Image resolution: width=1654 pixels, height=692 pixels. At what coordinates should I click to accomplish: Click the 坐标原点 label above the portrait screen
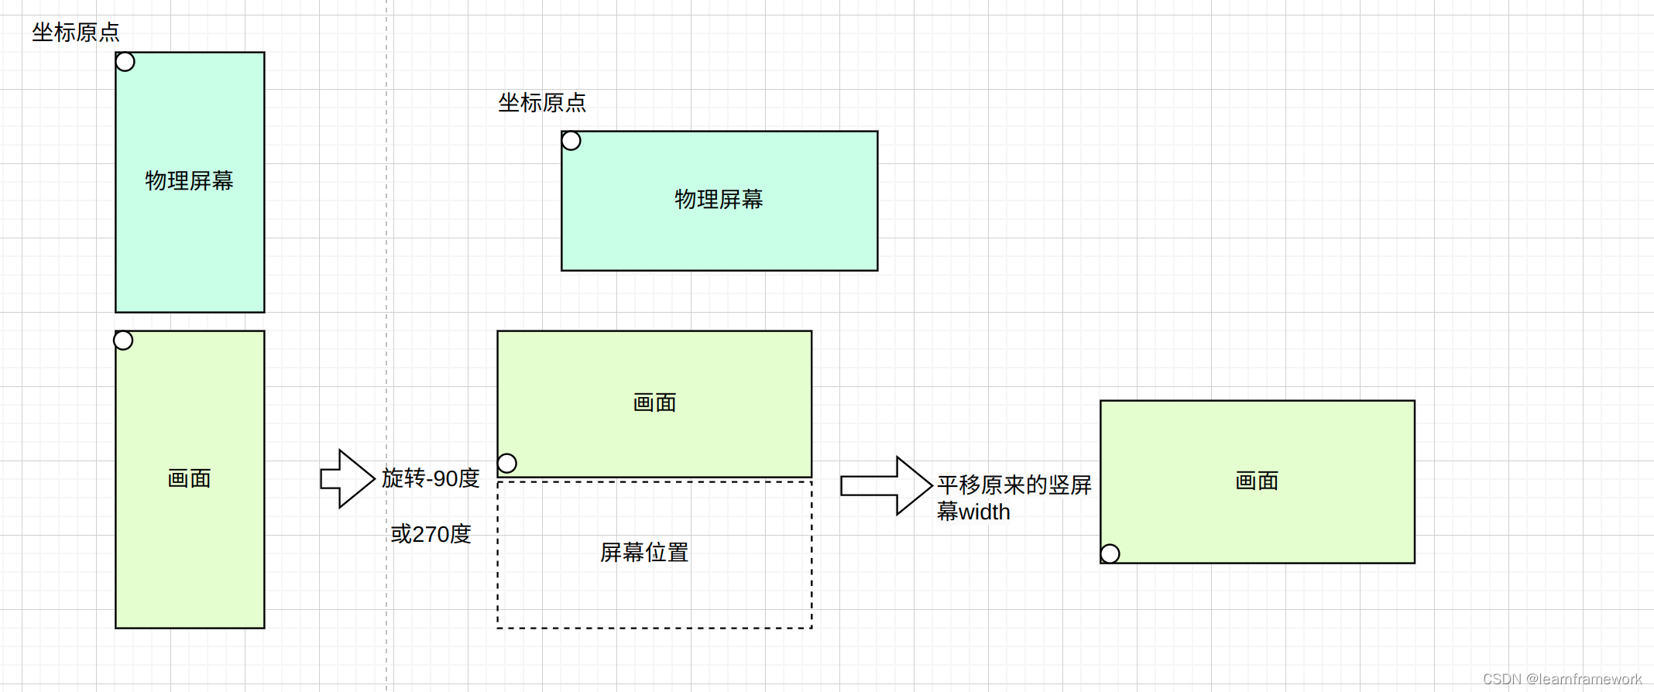pos(76,33)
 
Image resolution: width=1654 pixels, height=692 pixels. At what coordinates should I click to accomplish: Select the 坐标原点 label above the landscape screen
pos(542,103)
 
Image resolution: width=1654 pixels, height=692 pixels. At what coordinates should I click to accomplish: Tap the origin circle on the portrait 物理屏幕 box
pos(125,62)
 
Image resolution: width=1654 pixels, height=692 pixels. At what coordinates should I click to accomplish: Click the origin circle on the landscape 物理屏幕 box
pos(571,141)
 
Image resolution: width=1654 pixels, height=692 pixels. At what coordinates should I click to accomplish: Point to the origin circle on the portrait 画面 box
pos(124,341)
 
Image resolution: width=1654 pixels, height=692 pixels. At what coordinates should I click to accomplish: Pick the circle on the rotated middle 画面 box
pos(507,464)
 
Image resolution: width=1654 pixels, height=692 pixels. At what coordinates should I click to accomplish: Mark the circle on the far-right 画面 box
pos(1110,553)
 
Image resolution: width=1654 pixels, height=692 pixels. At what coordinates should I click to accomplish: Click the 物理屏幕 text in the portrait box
pos(190,181)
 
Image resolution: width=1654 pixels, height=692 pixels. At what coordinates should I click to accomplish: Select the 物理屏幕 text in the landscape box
pos(719,200)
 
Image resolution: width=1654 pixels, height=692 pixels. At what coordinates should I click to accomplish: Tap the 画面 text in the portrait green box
pos(190,479)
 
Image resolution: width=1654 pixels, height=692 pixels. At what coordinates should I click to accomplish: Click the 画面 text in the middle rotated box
pos(655,403)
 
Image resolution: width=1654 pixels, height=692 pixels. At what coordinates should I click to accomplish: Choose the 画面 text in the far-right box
pos(1257,481)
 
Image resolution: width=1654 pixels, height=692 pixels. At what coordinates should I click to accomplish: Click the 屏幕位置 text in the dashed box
pos(644,553)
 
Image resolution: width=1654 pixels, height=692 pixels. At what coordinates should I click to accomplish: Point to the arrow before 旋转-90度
pos(348,479)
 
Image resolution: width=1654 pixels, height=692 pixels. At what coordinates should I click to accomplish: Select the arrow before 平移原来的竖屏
pos(886,485)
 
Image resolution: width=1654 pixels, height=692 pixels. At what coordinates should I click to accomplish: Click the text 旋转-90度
pos(431,478)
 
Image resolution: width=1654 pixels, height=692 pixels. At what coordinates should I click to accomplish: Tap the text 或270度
pos(431,534)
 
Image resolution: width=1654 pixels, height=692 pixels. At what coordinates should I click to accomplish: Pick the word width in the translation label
pos(984,512)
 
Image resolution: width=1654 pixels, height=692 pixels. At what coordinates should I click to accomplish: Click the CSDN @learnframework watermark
pos(1562,679)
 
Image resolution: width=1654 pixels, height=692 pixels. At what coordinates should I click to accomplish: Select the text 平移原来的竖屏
pos(1014,485)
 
